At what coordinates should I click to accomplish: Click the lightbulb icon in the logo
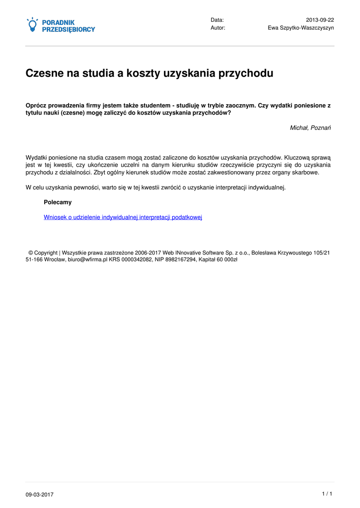coord(32,25)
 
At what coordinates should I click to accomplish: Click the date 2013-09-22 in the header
coord(320,19)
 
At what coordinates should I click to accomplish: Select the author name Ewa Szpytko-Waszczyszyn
coord(301,28)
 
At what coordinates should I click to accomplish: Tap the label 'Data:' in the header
coord(217,19)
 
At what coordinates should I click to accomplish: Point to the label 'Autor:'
coord(218,28)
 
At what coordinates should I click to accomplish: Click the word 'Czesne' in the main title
coord(45,73)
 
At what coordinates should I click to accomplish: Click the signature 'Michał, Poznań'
coord(310,128)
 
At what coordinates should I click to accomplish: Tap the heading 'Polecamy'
coord(58,202)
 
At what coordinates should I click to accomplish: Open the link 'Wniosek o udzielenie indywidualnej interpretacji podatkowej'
coord(123,217)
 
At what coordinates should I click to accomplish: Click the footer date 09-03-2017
coord(40,495)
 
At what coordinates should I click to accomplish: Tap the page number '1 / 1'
coord(327,494)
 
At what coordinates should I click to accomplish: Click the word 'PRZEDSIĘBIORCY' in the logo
coord(68,30)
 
